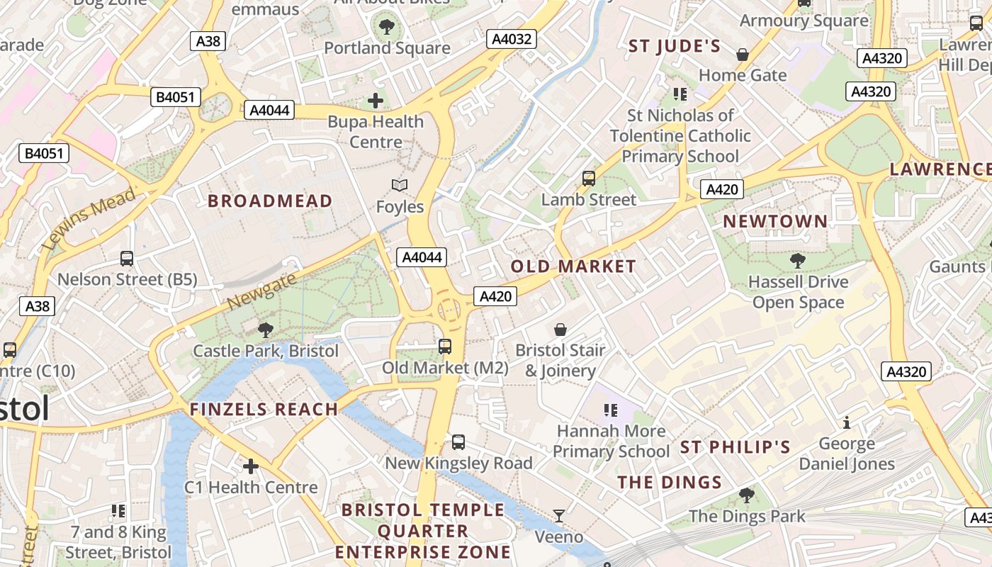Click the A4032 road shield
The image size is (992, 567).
click(x=512, y=39)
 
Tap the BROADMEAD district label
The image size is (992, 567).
click(x=270, y=201)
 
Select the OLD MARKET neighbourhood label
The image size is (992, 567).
click(x=573, y=266)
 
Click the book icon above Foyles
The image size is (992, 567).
click(x=400, y=186)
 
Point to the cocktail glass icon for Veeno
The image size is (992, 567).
click(x=559, y=515)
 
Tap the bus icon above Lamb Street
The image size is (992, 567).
click(x=589, y=179)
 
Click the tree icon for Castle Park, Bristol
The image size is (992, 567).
click(x=266, y=330)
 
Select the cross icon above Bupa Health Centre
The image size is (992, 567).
click(x=376, y=101)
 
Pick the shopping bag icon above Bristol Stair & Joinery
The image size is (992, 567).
click(x=560, y=330)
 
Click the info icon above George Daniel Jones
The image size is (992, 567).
click(x=846, y=423)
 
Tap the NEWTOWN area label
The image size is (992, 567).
click(x=775, y=222)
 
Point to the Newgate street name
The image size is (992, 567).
click(x=261, y=292)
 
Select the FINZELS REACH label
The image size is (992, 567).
click(x=264, y=409)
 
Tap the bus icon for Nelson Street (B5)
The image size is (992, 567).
click(x=127, y=259)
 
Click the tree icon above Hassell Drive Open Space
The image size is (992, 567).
click(x=798, y=261)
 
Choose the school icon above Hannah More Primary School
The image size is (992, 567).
click(x=611, y=410)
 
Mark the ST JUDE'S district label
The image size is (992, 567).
click(x=675, y=47)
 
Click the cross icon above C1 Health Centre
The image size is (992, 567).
click(x=251, y=466)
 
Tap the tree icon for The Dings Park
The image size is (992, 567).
click(x=746, y=495)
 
